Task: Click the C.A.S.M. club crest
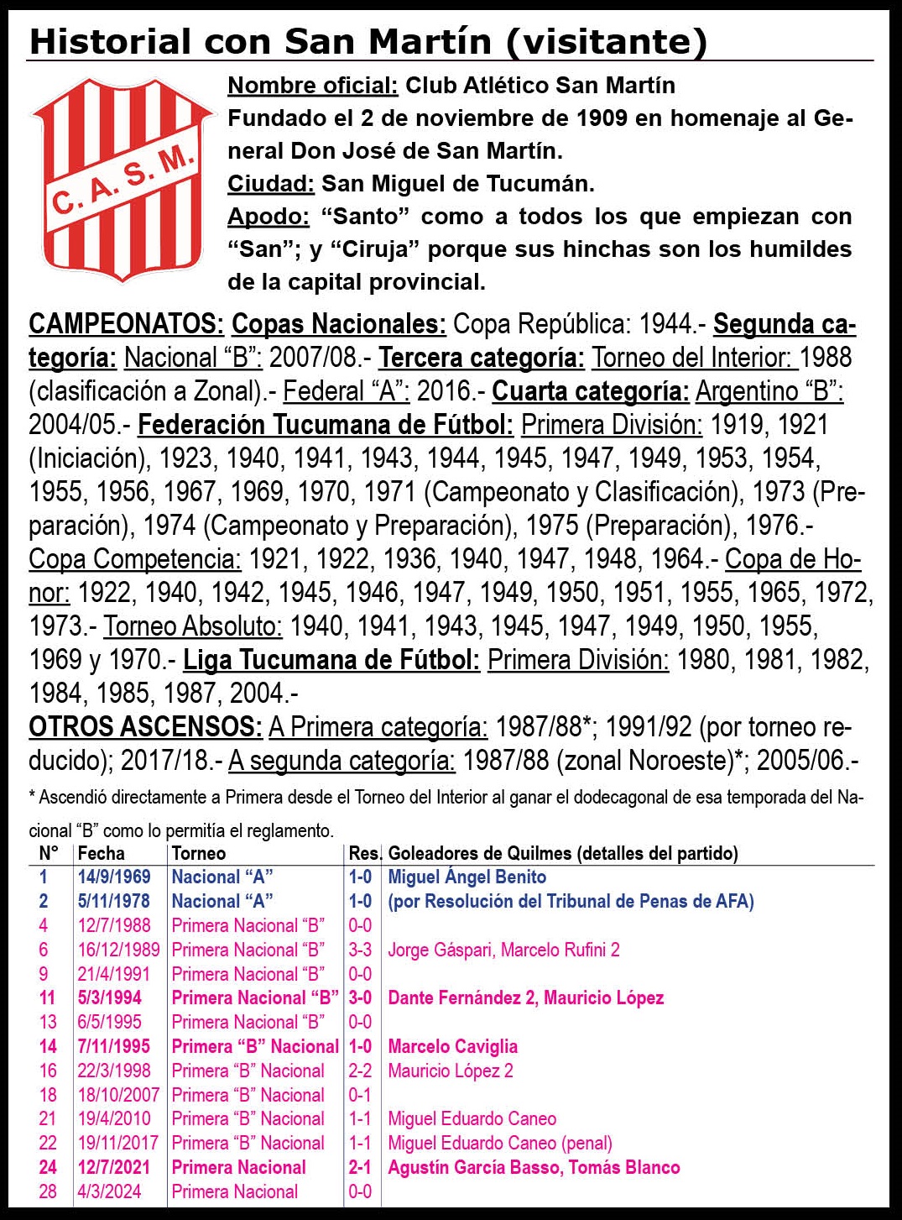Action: pos(123,175)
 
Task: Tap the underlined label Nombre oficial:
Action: pos(312,86)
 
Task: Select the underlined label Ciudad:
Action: pos(270,184)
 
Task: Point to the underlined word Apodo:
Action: pos(269,217)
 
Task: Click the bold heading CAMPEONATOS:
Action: pos(126,324)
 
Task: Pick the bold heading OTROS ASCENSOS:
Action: pos(145,727)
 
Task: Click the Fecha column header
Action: pos(101,854)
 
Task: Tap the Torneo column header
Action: pos(199,854)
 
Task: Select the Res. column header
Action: pos(364,854)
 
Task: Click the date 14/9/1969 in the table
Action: pos(114,877)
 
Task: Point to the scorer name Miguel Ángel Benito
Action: pos(467,877)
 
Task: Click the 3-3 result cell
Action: pos(360,950)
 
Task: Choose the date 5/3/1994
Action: pos(110,998)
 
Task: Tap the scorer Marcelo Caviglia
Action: pos(452,1047)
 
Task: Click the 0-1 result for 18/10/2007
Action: pos(360,1095)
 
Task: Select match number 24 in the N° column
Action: pos(48,1167)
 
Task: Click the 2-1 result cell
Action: pos(360,1167)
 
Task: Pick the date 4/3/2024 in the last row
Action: pos(109,1191)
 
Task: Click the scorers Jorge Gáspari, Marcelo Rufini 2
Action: pos(503,950)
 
